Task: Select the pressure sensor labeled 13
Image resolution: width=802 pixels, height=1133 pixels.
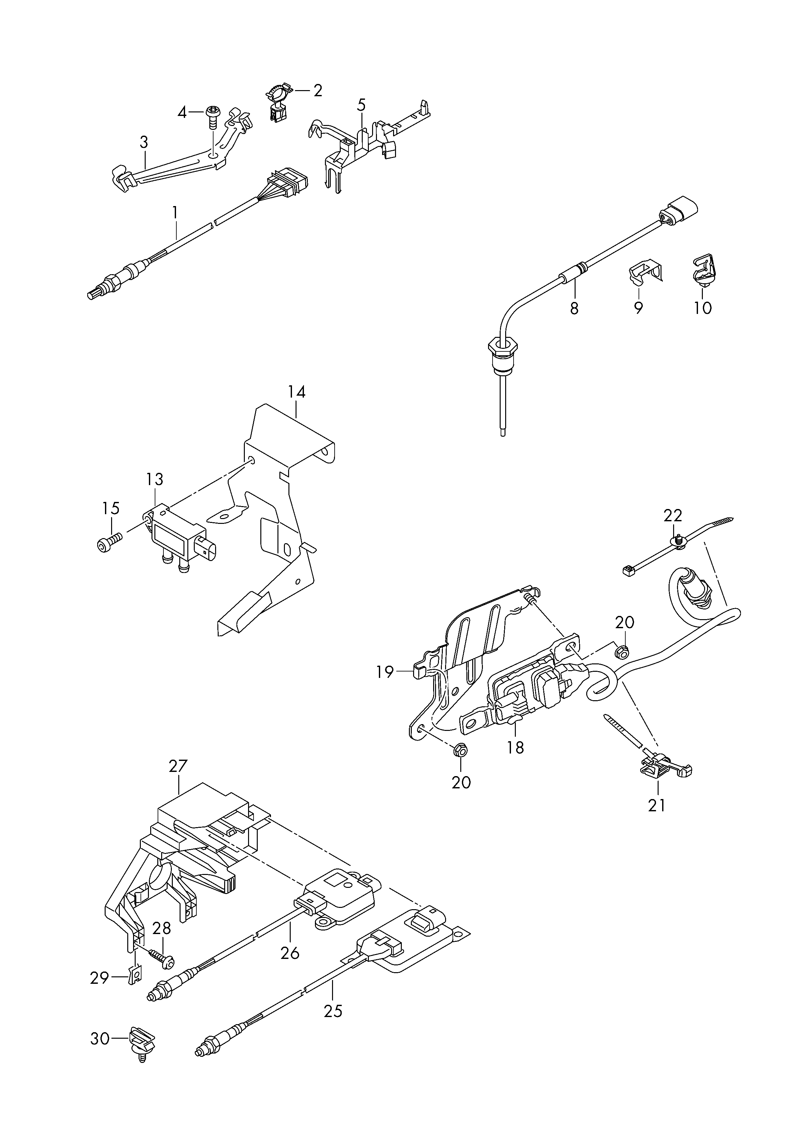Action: [180, 537]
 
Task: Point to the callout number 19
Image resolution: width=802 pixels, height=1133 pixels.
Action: [385, 672]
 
